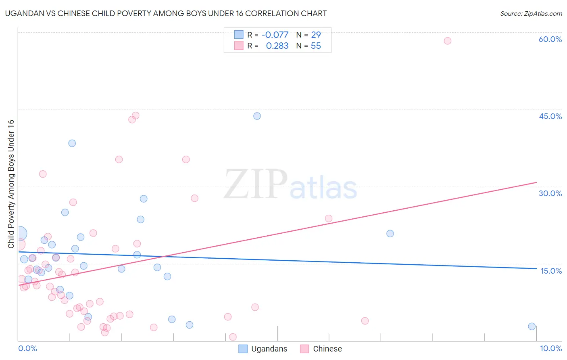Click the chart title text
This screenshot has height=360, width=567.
click(166, 14)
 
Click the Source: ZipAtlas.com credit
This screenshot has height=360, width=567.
click(531, 14)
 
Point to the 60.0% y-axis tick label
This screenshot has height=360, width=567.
click(550, 39)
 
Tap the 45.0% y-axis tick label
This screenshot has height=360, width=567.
click(550, 116)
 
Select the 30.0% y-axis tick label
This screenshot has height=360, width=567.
click(550, 193)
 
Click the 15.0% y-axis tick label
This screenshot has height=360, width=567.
click(551, 271)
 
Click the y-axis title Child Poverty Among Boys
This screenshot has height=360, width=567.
click(11, 184)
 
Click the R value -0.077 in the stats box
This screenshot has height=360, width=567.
click(275, 35)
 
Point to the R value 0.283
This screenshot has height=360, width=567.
click(277, 46)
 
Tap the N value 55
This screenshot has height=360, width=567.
click(316, 46)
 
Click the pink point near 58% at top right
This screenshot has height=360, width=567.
click(447, 41)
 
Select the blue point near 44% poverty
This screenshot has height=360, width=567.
click(257, 116)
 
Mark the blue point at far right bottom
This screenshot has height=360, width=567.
click(532, 327)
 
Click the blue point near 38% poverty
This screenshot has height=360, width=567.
click(72, 143)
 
